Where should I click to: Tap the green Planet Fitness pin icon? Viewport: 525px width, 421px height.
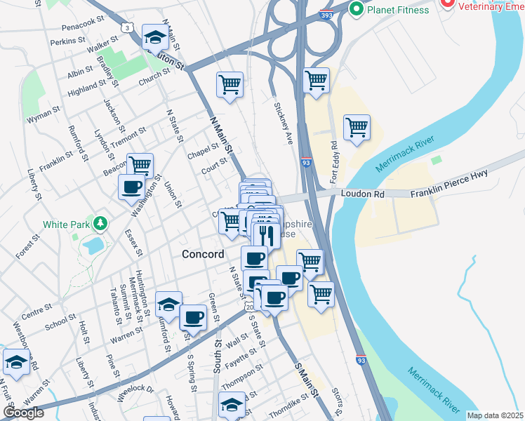pos(356,9)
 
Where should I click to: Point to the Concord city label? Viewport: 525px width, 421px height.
pos(203,254)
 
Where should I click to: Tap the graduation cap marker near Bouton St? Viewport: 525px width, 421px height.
pos(155,38)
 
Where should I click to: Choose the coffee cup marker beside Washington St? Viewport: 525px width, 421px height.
pos(132,187)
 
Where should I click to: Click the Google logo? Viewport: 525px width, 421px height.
pos(23,412)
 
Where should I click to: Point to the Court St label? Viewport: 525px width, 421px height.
pos(214,166)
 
